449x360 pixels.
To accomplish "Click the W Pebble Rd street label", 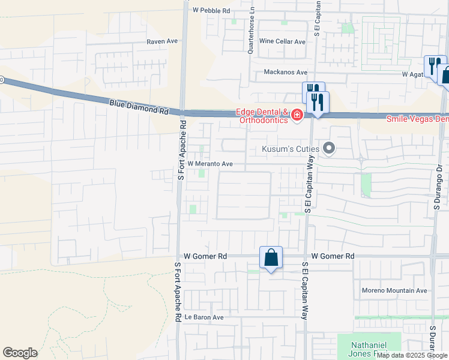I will [211, 11].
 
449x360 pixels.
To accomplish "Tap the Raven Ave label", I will [163, 41].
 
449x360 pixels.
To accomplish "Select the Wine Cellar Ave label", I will [282, 41].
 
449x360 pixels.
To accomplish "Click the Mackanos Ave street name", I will [289, 72].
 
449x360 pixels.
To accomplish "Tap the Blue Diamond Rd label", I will [139, 107].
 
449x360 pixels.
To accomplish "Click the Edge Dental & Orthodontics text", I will [262, 116].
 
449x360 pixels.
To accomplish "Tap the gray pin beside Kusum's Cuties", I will [328, 148].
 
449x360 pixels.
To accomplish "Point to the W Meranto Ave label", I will [210, 164].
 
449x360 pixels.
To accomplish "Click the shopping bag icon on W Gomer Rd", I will [271, 257].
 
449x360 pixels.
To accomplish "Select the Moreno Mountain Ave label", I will [394, 290].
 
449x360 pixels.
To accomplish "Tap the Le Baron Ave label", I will [203, 317].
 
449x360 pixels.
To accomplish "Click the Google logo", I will [20, 353].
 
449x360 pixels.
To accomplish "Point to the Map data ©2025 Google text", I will [412, 355].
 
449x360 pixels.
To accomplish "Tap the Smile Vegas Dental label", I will [417, 119].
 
